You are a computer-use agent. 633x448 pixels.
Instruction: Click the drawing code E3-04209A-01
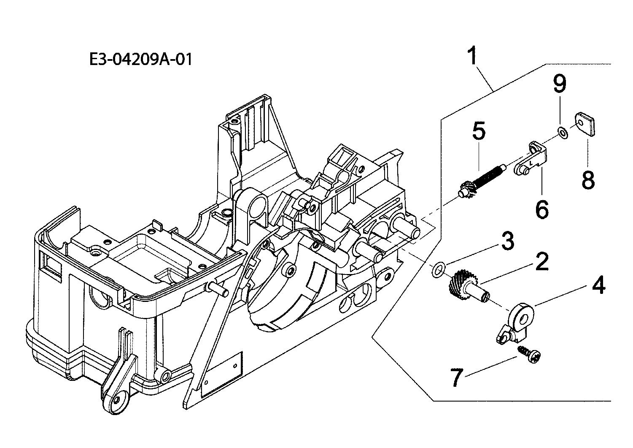(140, 60)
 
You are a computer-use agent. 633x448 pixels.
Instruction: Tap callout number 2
(541, 261)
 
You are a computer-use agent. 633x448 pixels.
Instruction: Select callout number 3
(507, 241)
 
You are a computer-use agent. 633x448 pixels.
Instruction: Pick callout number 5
(479, 130)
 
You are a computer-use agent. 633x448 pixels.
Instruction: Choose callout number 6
(542, 209)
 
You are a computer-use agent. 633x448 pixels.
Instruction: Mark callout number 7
(457, 377)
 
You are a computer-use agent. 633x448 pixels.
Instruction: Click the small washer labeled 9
(562, 133)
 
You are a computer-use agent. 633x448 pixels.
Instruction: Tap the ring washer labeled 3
(438, 269)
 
